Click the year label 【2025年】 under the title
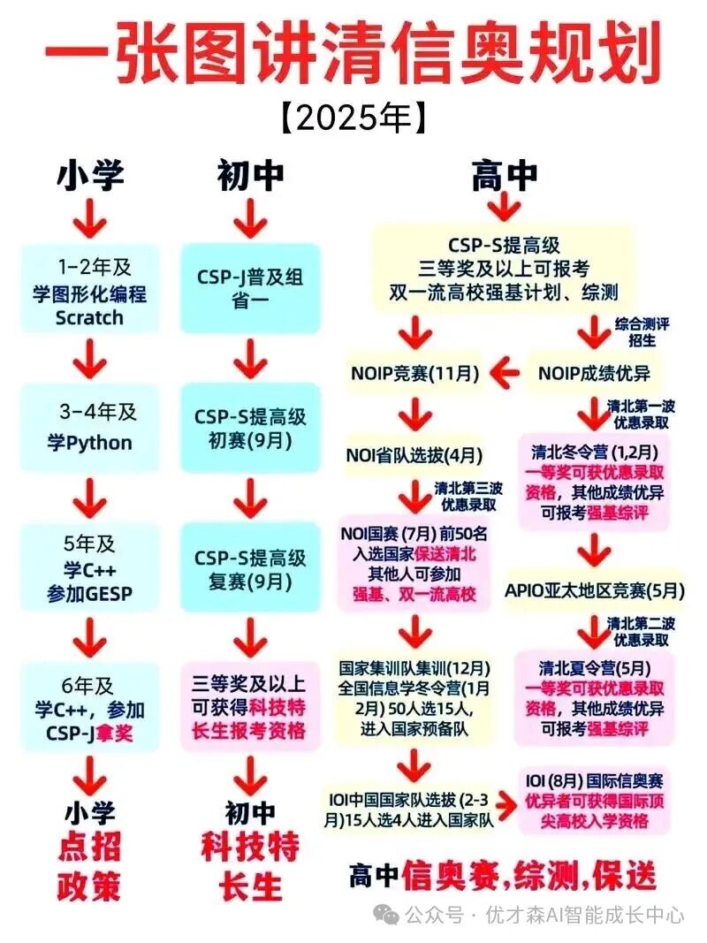[x=353, y=118]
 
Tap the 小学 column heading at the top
[x=90, y=175]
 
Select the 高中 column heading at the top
[x=504, y=175]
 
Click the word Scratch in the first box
[x=89, y=317]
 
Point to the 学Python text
[x=89, y=443]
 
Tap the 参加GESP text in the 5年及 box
[x=89, y=594]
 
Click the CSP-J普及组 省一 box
[x=250, y=289]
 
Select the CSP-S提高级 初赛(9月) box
[x=250, y=429]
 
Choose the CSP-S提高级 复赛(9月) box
[x=250, y=569]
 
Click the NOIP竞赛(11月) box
[x=414, y=374]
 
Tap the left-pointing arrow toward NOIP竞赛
[x=505, y=373]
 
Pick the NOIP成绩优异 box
[x=594, y=374]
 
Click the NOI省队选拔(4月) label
[x=414, y=455]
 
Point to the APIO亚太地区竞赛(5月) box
[x=595, y=590]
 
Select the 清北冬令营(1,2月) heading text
[x=595, y=452]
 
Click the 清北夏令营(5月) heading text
[x=595, y=667]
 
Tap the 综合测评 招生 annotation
[x=642, y=332]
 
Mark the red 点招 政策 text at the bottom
[x=89, y=866]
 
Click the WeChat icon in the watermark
[x=385, y=914]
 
